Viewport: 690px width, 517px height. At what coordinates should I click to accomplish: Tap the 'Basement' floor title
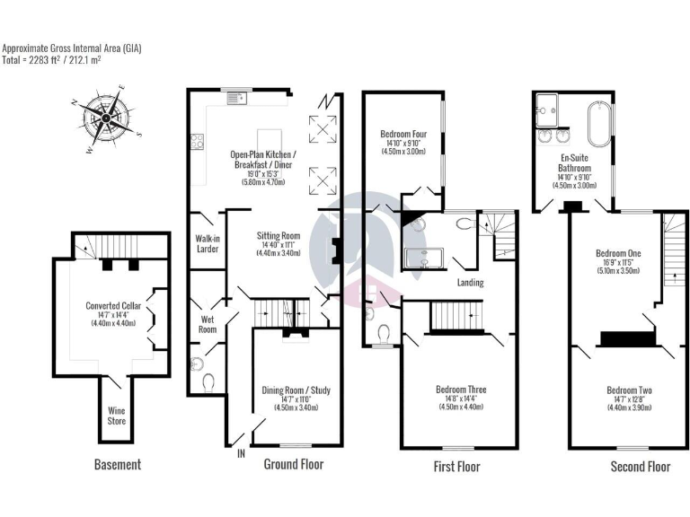[x=118, y=465]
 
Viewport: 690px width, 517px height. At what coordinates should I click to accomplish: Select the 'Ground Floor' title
[x=293, y=464]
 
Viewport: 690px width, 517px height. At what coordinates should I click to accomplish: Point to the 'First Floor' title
[x=457, y=467]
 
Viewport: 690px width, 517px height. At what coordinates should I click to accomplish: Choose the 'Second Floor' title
[x=640, y=467]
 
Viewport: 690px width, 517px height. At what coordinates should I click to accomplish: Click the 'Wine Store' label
[x=118, y=416]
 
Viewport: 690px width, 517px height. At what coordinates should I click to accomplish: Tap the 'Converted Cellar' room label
[x=112, y=305]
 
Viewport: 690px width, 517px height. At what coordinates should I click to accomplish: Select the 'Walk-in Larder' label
[x=208, y=243]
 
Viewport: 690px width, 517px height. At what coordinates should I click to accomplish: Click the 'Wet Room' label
[x=207, y=324]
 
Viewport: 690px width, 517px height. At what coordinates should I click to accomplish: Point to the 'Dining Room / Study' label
[x=296, y=390]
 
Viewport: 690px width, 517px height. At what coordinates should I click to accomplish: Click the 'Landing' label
[x=470, y=283]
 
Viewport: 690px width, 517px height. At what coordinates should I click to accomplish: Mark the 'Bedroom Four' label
[x=403, y=135]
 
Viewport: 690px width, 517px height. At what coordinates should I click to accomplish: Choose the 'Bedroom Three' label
[x=461, y=390]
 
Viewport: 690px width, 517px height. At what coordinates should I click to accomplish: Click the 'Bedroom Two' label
[x=629, y=390]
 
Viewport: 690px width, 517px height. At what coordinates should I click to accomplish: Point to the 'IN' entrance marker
[x=241, y=454]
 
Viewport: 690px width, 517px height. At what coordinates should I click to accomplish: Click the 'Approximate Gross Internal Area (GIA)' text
[x=72, y=48]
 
